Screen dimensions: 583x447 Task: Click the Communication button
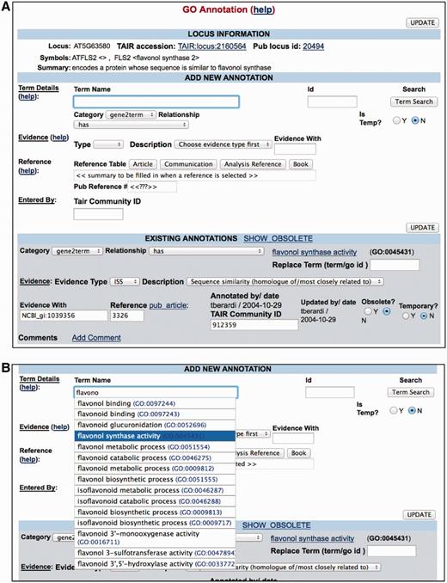188,164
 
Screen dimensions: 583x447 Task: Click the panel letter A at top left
7,7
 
